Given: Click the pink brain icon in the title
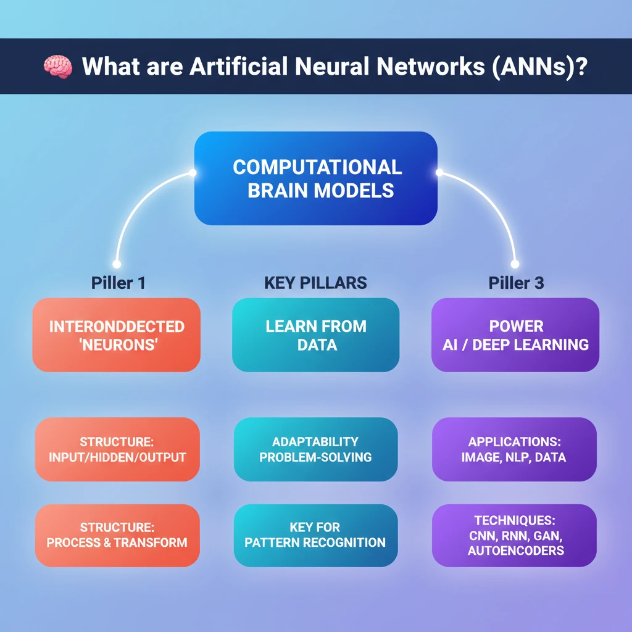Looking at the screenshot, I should pos(59,67).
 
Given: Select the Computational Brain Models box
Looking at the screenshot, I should pos(315,178).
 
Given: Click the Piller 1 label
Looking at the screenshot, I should pos(118,283).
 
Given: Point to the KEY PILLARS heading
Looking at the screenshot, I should pos(315,283).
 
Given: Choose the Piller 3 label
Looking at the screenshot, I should pos(515,283).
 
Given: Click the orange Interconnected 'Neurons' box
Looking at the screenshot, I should pos(117,335).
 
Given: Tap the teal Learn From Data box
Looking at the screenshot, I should pos(315,335).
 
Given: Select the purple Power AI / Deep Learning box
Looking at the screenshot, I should pos(515,335).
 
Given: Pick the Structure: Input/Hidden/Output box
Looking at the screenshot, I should pos(117,449).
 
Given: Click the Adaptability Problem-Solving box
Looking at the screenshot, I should pos(315,449).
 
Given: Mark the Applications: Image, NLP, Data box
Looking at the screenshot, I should pos(514,449).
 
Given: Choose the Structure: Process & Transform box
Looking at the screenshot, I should pos(117,535).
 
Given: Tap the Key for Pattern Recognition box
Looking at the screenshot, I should pos(315,535).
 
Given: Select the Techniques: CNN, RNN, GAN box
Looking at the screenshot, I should pos(514,535).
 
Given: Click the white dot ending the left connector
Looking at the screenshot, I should pos(116,264).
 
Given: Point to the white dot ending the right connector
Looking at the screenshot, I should pos(515,264).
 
